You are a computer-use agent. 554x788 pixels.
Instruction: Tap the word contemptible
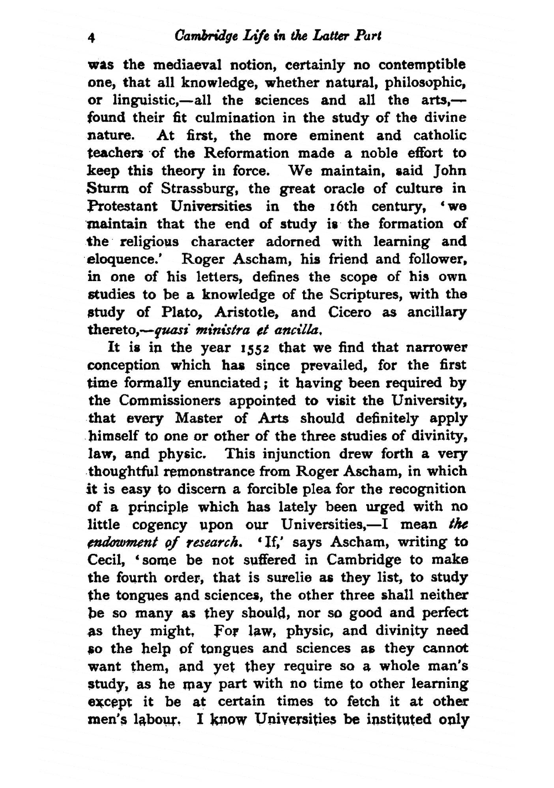[x=422, y=65]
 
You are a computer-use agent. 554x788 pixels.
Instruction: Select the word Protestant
[x=122, y=206]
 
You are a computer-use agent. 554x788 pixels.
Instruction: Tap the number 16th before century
[x=342, y=206]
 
